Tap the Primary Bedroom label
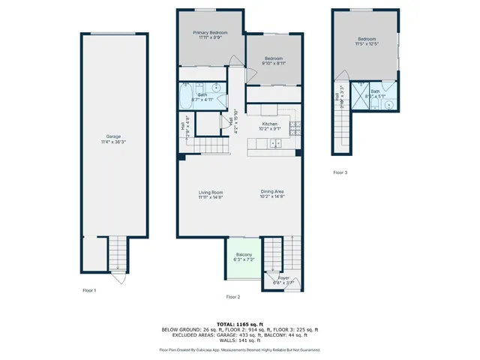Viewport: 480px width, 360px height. pos(210,32)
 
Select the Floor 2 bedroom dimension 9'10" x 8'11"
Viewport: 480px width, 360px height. pos(273,64)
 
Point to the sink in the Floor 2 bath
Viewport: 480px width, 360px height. pos(215,87)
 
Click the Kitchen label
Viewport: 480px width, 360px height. pos(269,124)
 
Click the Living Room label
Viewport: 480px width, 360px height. pos(211,193)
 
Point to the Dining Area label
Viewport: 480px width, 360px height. pos(272,193)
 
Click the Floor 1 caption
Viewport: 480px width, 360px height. pos(89,289)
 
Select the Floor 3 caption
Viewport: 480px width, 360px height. pos(340,172)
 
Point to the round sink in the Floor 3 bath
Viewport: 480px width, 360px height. pos(388,105)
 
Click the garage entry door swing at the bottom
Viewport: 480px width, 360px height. pos(113,278)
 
